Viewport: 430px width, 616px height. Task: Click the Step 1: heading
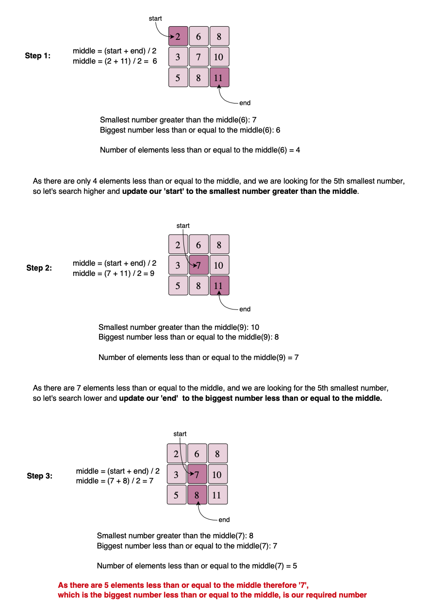pyautogui.click(x=37, y=56)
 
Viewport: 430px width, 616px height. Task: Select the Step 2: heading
pyautogui.click(x=39, y=268)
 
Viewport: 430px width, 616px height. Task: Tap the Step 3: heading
pyautogui.click(x=39, y=476)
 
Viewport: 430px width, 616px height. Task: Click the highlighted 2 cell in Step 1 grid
pyautogui.click(x=178, y=36)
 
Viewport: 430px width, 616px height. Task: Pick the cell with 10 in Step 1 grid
pyautogui.click(x=219, y=57)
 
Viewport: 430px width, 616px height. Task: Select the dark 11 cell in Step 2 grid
pyautogui.click(x=219, y=286)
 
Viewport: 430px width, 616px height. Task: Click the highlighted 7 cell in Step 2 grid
pyautogui.click(x=198, y=265)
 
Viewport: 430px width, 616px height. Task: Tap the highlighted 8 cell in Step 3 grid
pyautogui.click(x=197, y=496)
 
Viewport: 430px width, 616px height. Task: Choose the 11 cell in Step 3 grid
pyautogui.click(x=217, y=496)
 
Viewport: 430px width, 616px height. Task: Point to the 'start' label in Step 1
pyautogui.click(x=155, y=18)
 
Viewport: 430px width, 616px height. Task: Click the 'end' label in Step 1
pyautogui.click(x=245, y=103)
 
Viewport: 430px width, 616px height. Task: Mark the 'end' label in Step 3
pyautogui.click(x=224, y=520)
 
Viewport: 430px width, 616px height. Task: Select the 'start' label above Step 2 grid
pyautogui.click(x=183, y=226)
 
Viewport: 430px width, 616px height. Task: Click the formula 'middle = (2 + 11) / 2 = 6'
pyautogui.click(x=115, y=61)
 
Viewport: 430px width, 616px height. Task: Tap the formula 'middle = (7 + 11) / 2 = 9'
pyautogui.click(x=114, y=274)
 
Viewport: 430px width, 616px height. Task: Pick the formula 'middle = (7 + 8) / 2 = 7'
pyautogui.click(x=115, y=481)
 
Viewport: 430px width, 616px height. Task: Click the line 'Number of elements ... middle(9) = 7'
pyautogui.click(x=198, y=358)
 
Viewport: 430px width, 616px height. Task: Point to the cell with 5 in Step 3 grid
pyautogui.click(x=176, y=496)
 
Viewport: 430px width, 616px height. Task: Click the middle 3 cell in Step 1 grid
pyautogui.click(x=178, y=57)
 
